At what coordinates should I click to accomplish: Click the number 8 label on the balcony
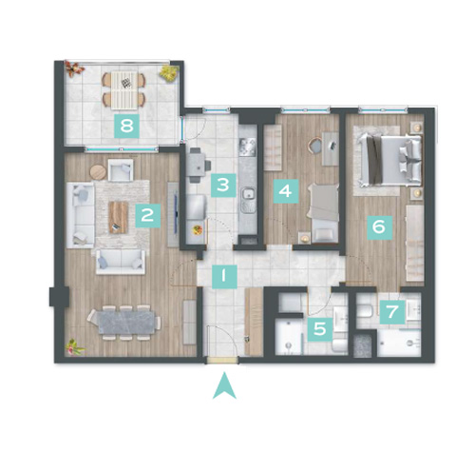click(126, 126)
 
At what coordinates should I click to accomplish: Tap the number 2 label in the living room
click(148, 216)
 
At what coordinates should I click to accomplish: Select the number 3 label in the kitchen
click(223, 186)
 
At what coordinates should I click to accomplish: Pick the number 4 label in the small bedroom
click(286, 191)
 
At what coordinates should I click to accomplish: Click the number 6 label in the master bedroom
click(379, 227)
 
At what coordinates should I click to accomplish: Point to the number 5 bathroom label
click(320, 329)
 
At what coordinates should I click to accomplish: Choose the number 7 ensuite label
click(392, 312)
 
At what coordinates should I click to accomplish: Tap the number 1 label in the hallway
click(224, 276)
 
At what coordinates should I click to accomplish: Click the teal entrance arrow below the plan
click(224, 386)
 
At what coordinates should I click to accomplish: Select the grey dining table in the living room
click(126, 323)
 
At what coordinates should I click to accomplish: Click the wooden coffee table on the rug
click(119, 218)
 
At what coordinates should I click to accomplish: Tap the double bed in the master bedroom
click(390, 160)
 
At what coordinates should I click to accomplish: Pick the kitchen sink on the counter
click(249, 200)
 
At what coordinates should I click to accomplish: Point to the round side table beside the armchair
click(98, 172)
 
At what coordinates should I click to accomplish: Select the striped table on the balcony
click(124, 90)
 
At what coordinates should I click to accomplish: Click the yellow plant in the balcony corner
click(168, 73)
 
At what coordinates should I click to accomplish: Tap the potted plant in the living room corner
click(74, 346)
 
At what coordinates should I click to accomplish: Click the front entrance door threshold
click(221, 360)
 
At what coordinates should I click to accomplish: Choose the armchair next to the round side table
click(121, 169)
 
